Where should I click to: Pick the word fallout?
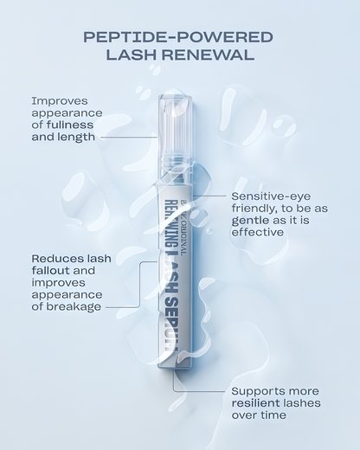52,270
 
